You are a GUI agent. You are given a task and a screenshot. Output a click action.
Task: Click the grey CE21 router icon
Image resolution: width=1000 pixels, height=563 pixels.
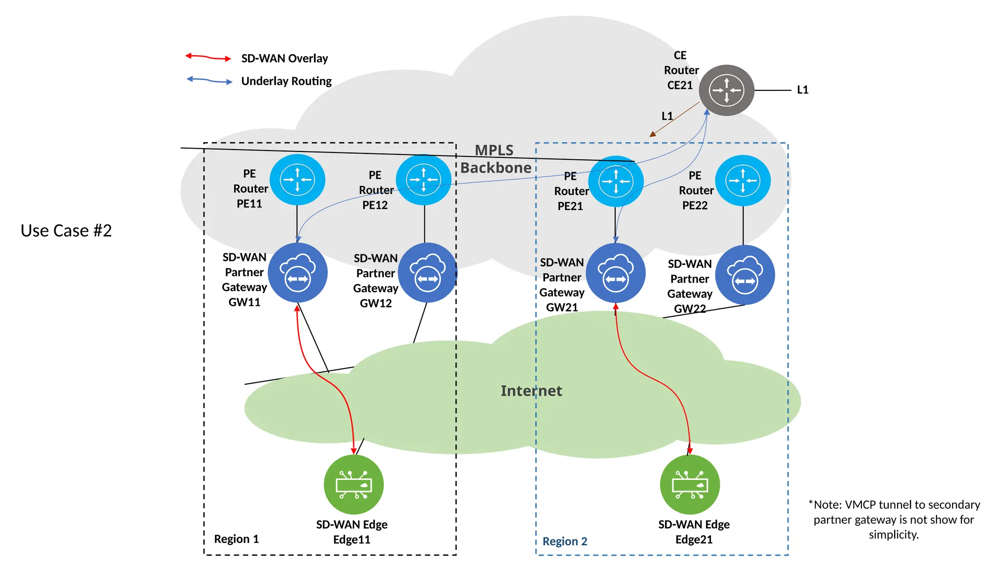(726, 90)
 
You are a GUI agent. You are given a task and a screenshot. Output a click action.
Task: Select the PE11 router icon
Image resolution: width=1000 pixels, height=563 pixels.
(297, 180)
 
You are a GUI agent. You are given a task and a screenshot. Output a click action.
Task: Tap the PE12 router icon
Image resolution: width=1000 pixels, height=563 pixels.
(423, 180)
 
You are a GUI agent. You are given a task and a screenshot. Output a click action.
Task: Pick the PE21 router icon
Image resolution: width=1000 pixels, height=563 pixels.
(616, 181)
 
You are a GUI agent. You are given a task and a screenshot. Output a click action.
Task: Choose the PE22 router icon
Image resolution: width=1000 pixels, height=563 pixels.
(743, 181)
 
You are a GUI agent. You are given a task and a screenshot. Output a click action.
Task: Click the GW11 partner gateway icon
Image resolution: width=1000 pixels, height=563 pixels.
(297, 273)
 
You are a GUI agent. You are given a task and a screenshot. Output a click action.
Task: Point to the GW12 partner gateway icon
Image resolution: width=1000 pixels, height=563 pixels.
(427, 273)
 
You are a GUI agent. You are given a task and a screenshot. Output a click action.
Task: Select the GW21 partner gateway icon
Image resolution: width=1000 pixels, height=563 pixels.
(615, 273)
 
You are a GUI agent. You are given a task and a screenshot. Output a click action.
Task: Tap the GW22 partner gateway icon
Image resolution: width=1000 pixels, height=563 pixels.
(745, 275)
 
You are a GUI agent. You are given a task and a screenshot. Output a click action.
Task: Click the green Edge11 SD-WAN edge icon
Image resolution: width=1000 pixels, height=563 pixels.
(354, 484)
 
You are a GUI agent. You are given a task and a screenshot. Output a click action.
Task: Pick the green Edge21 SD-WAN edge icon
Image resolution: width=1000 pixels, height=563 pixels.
(689, 484)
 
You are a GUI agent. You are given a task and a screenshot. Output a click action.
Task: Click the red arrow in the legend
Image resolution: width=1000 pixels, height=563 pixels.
(208, 57)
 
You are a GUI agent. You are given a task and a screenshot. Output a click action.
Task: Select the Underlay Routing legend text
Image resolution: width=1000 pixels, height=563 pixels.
(286, 81)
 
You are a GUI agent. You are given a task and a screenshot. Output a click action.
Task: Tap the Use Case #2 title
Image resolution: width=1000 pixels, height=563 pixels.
(66, 231)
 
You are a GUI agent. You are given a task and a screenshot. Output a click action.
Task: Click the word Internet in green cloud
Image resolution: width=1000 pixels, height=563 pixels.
(531, 391)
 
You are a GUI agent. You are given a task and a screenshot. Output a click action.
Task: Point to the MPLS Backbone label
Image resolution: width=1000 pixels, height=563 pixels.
(495, 159)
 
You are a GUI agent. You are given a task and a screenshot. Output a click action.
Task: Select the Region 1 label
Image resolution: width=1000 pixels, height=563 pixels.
(236, 539)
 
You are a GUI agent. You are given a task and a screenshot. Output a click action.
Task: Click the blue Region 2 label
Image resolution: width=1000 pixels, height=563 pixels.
(565, 541)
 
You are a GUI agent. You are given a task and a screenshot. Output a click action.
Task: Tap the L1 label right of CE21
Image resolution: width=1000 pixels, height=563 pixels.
(802, 90)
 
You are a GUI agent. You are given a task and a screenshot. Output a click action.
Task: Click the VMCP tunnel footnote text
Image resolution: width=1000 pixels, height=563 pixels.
(894, 519)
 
